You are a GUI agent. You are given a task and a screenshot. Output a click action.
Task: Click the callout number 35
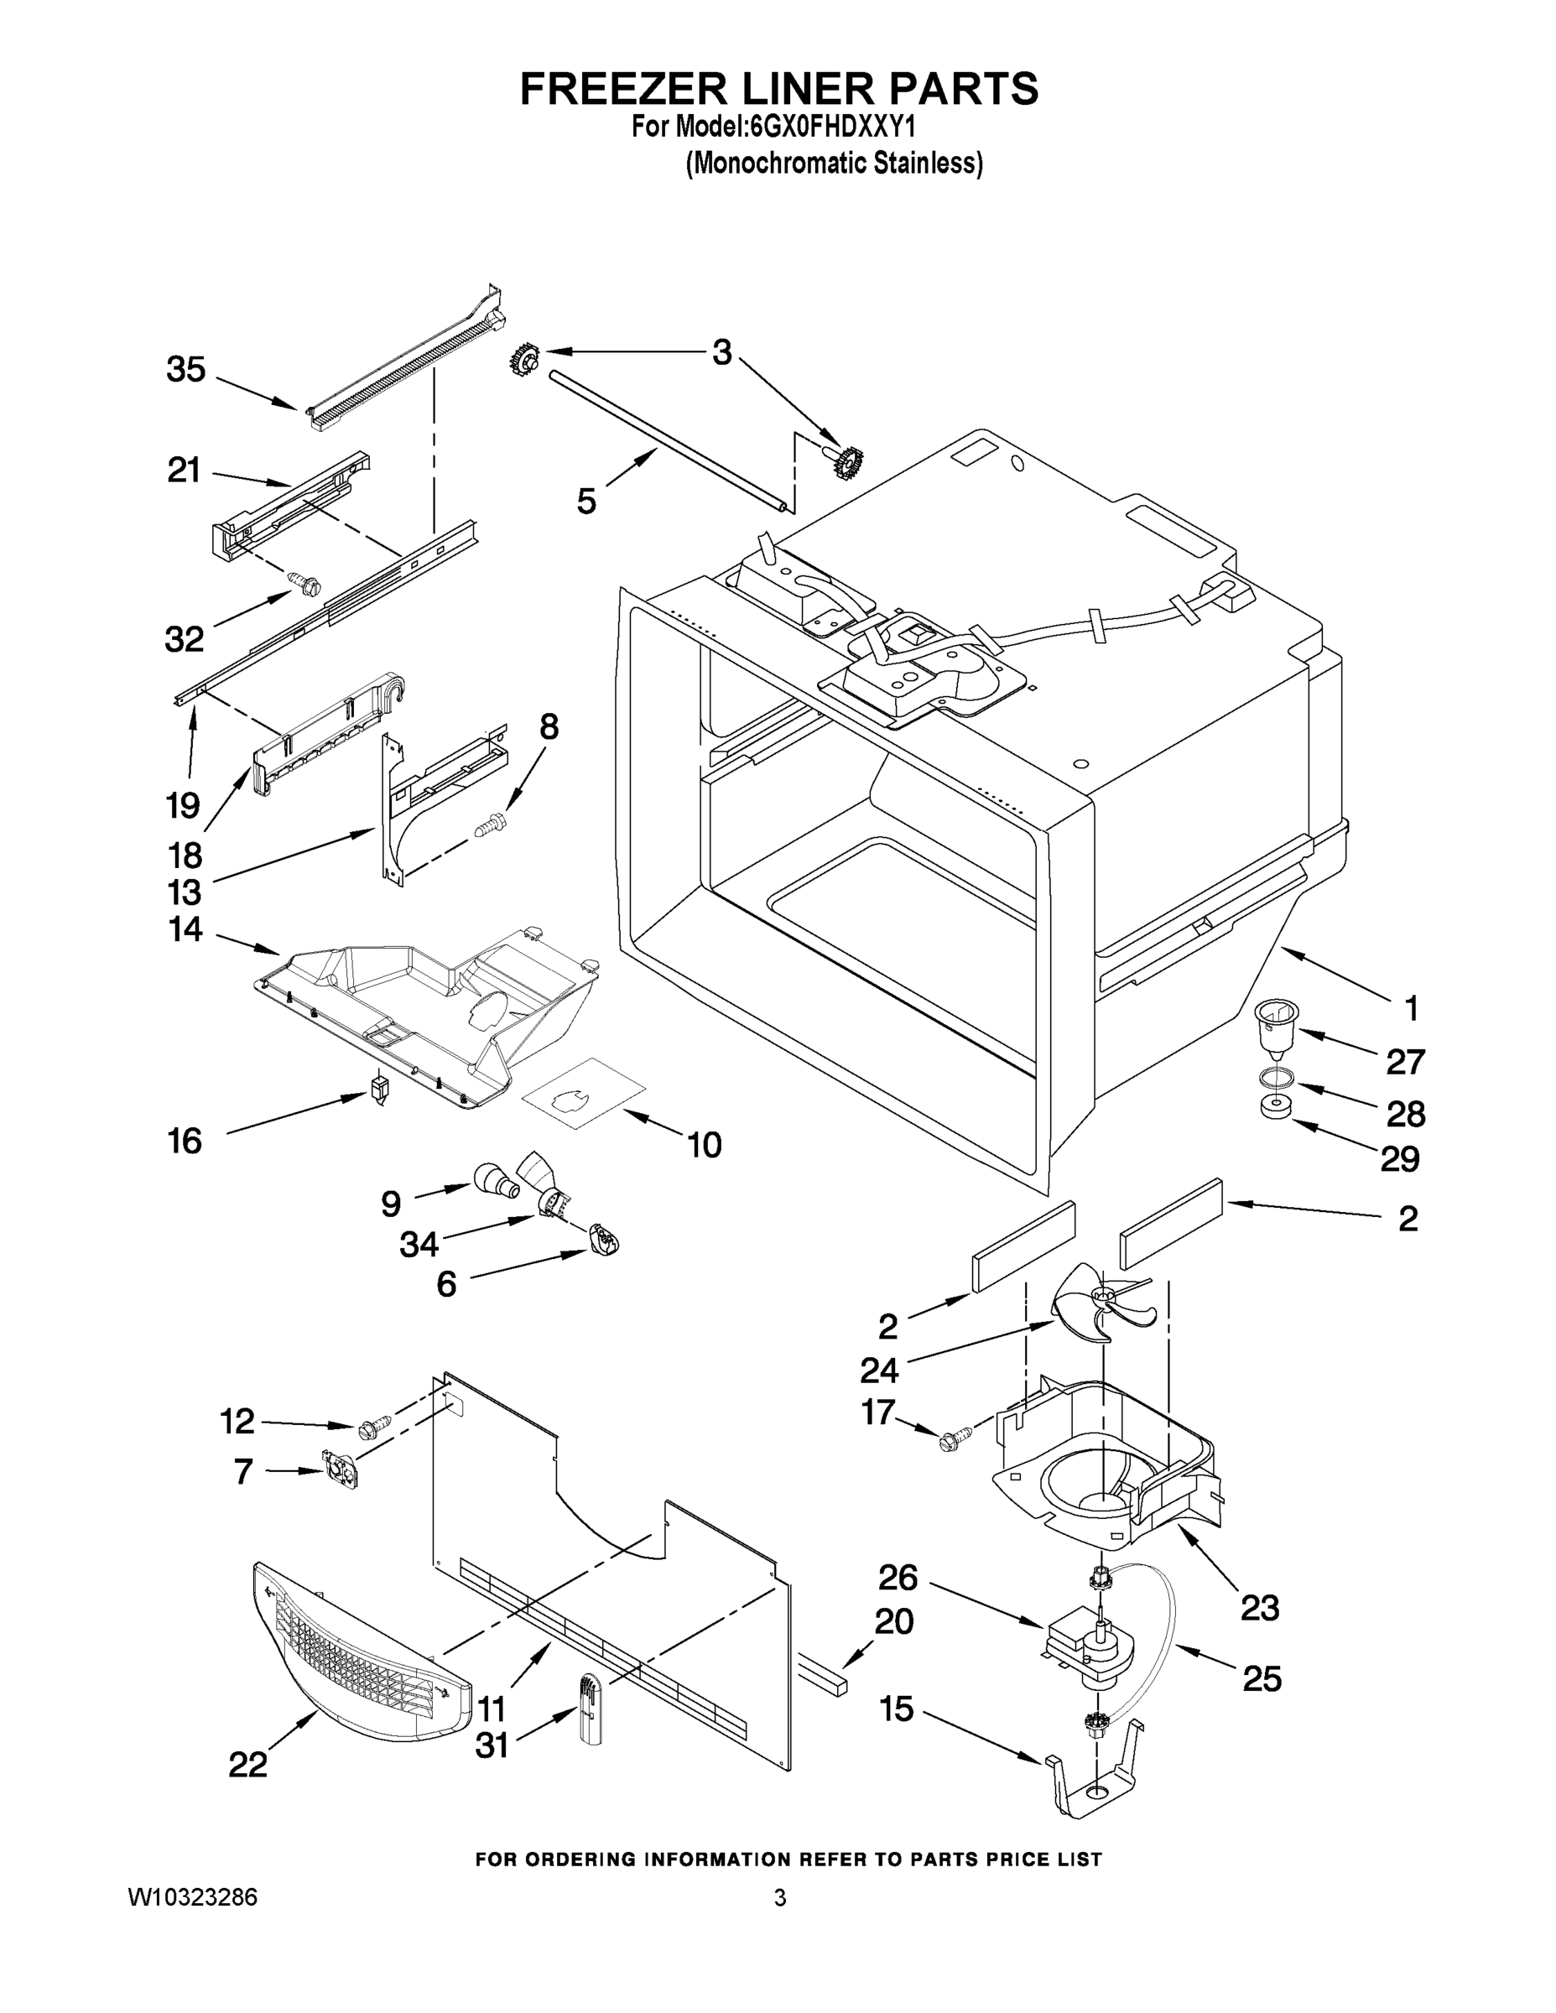coord(186,371)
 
